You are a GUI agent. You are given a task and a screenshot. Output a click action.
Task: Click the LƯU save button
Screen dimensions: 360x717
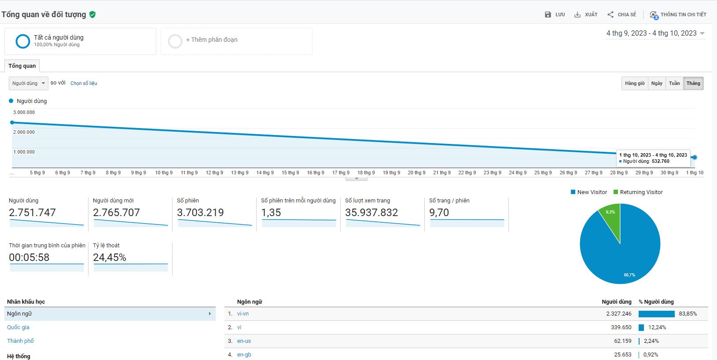click(555, 15)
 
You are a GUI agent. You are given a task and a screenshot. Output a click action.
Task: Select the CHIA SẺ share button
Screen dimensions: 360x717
click(621, 15)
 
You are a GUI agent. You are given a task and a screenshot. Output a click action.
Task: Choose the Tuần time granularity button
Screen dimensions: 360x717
click(674, 83)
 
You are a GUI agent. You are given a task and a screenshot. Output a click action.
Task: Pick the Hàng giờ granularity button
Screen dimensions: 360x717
click(635, 83)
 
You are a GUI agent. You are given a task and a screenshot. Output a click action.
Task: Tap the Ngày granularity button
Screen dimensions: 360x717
click(657, 83)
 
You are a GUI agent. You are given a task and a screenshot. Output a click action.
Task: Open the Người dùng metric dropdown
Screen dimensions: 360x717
click(29, 83)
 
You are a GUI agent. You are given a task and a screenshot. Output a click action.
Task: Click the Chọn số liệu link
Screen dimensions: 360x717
click(84, 83)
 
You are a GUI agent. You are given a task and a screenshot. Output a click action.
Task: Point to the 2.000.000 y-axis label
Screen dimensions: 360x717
click(24, 132)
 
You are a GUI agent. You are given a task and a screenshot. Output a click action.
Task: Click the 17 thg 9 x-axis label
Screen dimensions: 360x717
click(341, 173)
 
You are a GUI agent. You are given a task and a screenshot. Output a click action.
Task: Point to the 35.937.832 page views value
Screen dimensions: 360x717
click(371, 213)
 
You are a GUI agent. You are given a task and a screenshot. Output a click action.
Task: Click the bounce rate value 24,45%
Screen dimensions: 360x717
click(110, 257)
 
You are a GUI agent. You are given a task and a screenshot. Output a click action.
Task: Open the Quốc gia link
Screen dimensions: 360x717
click(18, 327)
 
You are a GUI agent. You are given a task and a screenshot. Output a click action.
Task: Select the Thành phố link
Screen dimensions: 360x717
click(20, 341)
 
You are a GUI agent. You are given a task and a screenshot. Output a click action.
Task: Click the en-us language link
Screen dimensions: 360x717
click(244, 341)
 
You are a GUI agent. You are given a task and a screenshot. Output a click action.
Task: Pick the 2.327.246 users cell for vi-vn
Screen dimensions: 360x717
click(618, 314)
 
